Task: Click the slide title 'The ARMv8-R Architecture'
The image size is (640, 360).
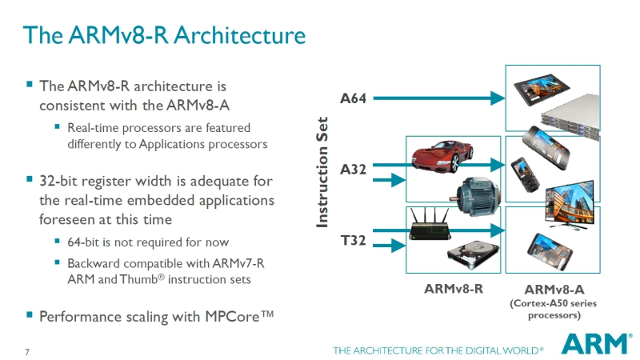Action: click(164, 36)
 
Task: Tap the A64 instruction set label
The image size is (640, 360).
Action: click(353, 98)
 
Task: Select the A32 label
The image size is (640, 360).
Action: click(353, 170)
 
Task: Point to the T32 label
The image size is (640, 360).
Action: click(353, 239)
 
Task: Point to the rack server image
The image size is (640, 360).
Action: click(570, 119)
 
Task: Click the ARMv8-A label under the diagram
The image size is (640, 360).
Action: click(554, 290)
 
